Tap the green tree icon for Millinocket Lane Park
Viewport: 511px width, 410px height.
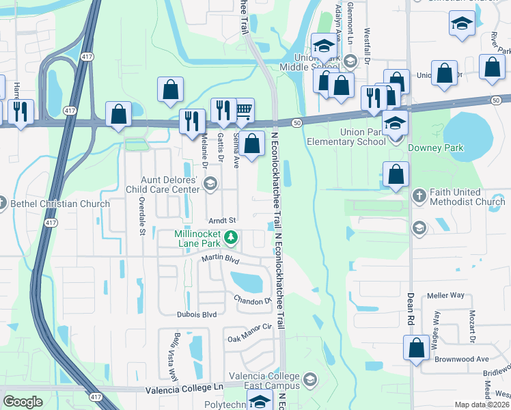(232, 238)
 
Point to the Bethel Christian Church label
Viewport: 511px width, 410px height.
(59, 204)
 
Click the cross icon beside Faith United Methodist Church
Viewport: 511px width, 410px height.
(420, 196)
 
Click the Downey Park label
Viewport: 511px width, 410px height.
(436, 148)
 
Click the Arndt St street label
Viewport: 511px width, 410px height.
(222, 221)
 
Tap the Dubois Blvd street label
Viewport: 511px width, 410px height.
(196, 314)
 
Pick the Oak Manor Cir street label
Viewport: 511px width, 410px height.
(250, 333)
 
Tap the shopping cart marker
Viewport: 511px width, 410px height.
(243, 109)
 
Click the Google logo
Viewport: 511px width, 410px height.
(23, 402)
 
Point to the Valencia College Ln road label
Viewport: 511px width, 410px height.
(185, 389)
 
